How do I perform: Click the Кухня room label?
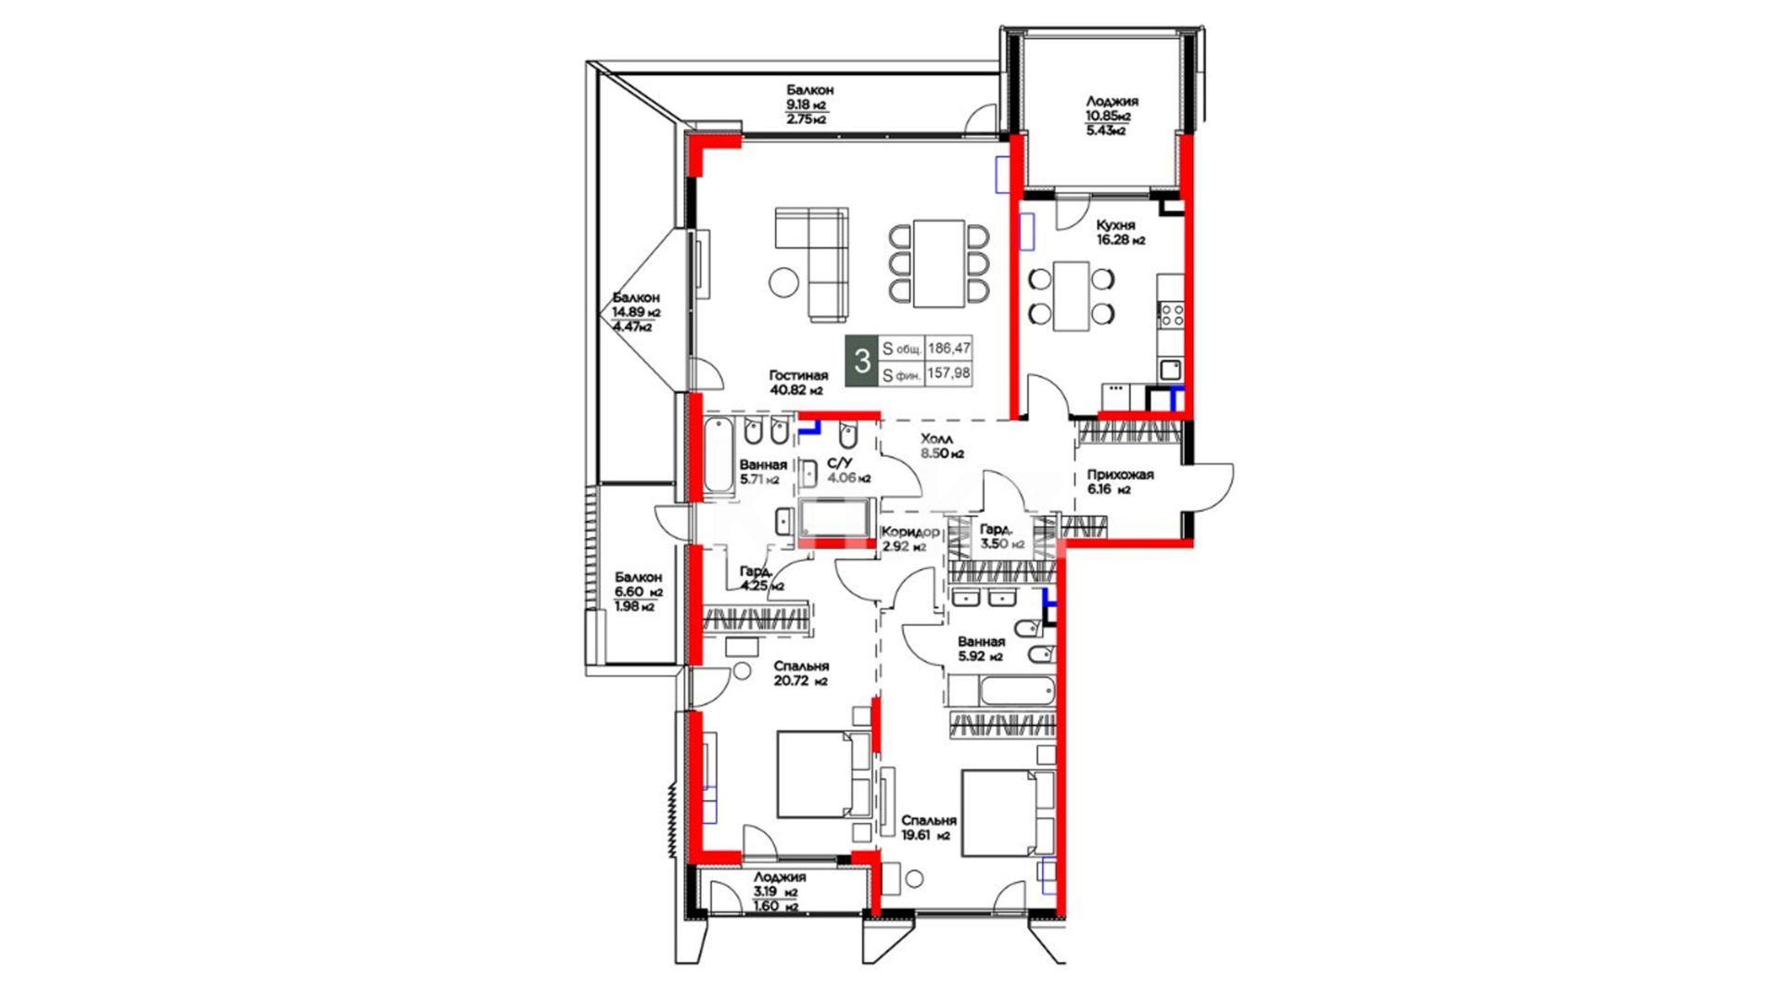(1115, 225)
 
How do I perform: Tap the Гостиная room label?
(798, 375)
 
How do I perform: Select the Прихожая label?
(1121, 475)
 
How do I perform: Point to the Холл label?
(937, 438)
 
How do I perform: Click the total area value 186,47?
(949, 348)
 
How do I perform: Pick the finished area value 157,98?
(949, 374)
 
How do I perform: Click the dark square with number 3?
(862, 361)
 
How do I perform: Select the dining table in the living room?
(938, 263)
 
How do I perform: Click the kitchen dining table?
(1071, 296)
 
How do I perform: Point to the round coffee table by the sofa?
(784, 282)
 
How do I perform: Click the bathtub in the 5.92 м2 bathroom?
(1017, 691)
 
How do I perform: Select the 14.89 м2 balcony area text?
(636, 312)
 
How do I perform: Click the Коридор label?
(910, 532)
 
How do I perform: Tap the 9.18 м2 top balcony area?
(807, 105)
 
